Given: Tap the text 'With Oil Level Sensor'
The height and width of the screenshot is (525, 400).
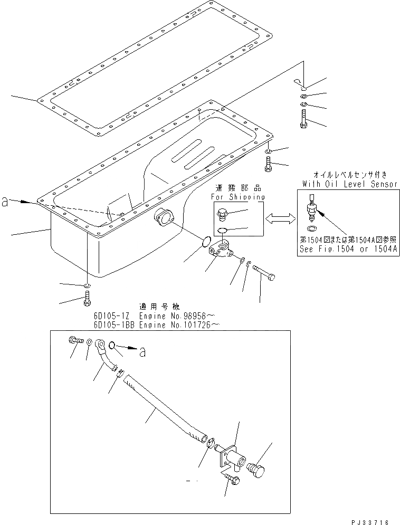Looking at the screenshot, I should [x=350, y=184].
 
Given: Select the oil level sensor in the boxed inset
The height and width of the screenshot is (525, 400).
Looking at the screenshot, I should [x=312, y=208].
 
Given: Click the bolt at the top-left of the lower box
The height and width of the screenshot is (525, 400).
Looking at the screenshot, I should [x=75, y=340].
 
